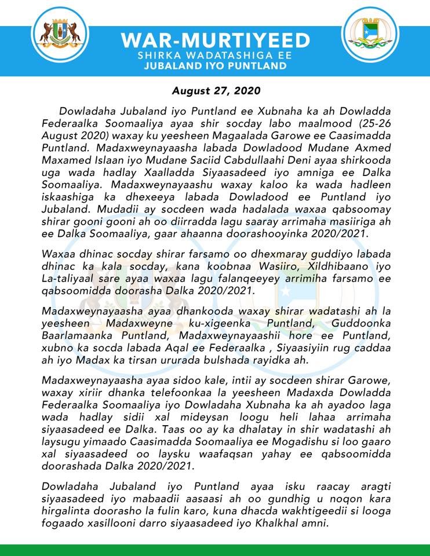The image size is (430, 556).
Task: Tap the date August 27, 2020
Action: click(216, 92)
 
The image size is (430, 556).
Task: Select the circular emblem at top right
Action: click(371, 35)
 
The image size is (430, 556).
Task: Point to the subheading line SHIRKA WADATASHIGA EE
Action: click(214, 56)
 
